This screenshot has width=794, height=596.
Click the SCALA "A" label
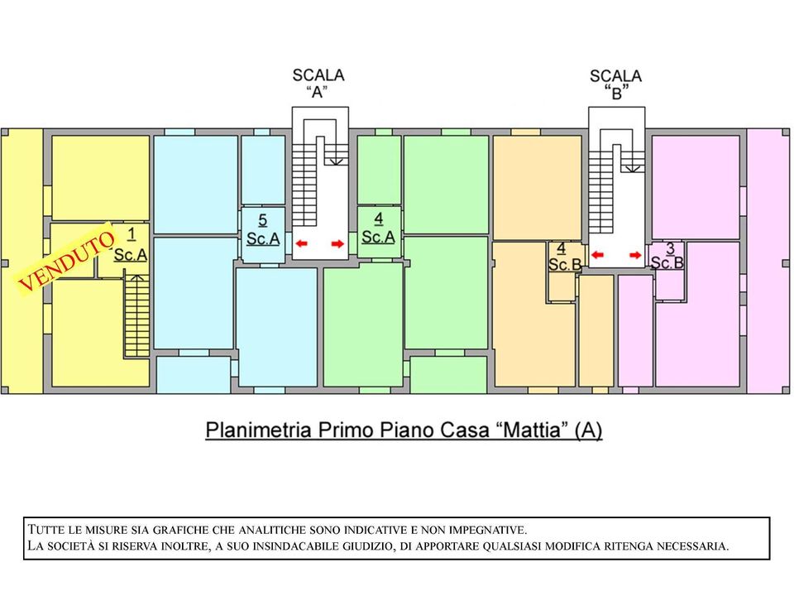tap(318, 84)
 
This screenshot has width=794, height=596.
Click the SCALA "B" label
tap(615, 84)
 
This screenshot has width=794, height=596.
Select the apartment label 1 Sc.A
tap(131, 245)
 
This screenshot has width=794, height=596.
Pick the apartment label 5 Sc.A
tap(263, 229)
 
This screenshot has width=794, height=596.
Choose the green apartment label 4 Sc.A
tap(378, 228)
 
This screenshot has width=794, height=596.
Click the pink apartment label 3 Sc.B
tap(667, 256)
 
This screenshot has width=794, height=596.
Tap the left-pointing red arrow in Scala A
tap(301, 243)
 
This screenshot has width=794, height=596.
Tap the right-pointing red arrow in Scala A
tap(337, 244)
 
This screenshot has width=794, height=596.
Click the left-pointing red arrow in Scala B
tap(597, 255)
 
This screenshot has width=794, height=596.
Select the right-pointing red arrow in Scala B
tap(635, 255)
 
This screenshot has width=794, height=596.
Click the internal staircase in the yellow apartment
tap(136, 316)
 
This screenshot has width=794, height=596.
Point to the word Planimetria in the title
tap(258, 430)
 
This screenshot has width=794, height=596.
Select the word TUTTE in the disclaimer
tap(47, 530)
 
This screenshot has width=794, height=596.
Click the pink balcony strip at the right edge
tap(768, 261)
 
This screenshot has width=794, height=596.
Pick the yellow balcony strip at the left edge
tap(22, 261)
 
